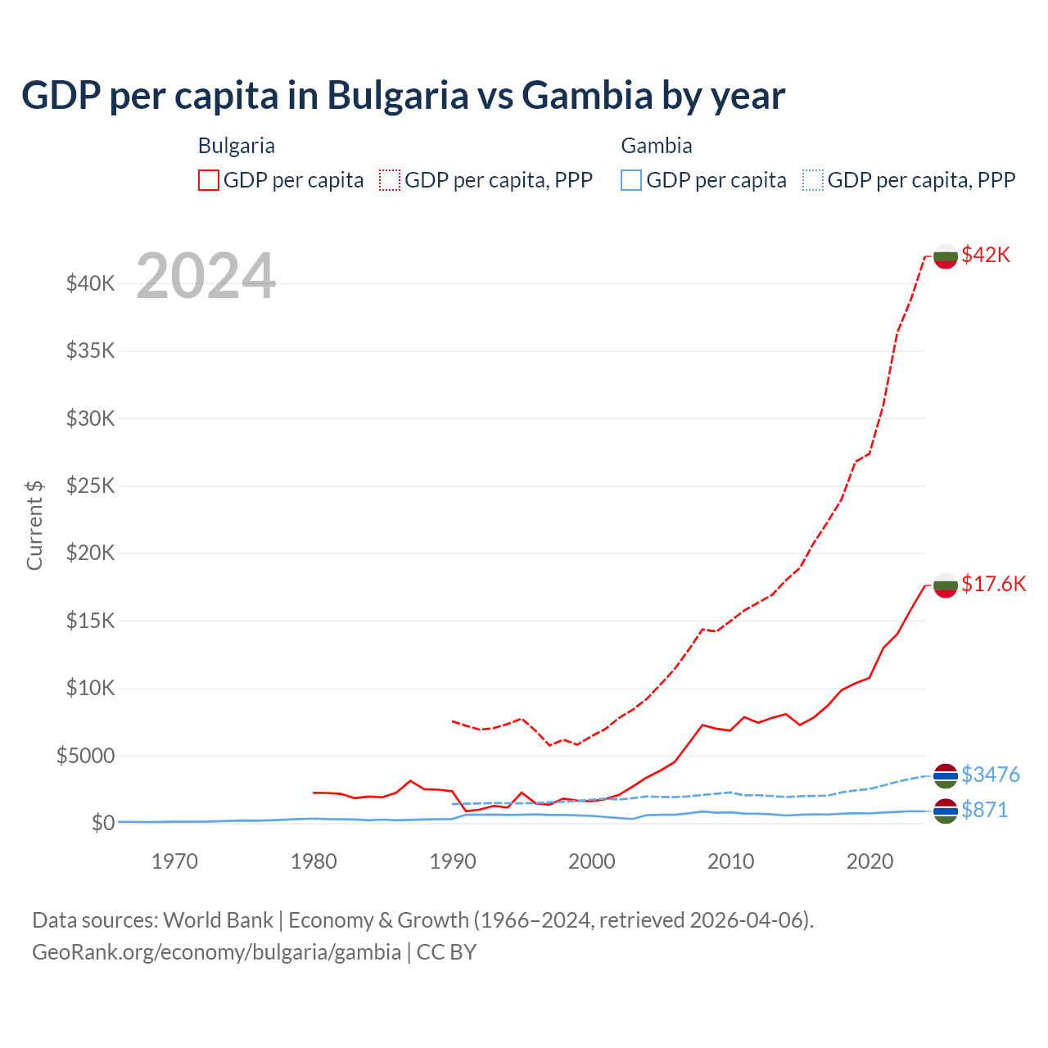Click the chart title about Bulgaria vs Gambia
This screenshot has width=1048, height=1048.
tap(403, 96)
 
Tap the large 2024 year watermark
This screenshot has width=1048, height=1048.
tap(206, 277)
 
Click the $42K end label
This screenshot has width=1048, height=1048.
tap(986, 255)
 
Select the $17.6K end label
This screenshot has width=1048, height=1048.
tap(993, 584)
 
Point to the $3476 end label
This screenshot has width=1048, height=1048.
tap(990, 775)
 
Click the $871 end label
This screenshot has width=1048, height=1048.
tap(984, 810)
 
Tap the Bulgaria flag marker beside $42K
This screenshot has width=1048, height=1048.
tap(946, 256)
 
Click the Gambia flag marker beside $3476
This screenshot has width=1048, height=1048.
tap(946, 776)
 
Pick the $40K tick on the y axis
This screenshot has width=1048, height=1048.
tap(91, 284)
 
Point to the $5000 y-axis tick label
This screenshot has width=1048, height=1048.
tap(85, 756)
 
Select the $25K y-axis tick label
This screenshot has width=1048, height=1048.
tap(91, 486)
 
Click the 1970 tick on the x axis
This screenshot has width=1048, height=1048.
tap(175, 861)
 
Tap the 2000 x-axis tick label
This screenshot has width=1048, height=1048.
tap(592, 861)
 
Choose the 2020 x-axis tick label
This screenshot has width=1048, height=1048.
tap(870, 861)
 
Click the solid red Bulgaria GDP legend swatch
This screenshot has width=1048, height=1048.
tap(209, 180)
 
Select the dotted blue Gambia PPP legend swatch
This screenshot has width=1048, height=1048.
tap(813, 180)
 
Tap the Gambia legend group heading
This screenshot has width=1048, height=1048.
tap(657, 146)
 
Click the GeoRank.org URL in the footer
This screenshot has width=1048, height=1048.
tap(216, 952)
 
